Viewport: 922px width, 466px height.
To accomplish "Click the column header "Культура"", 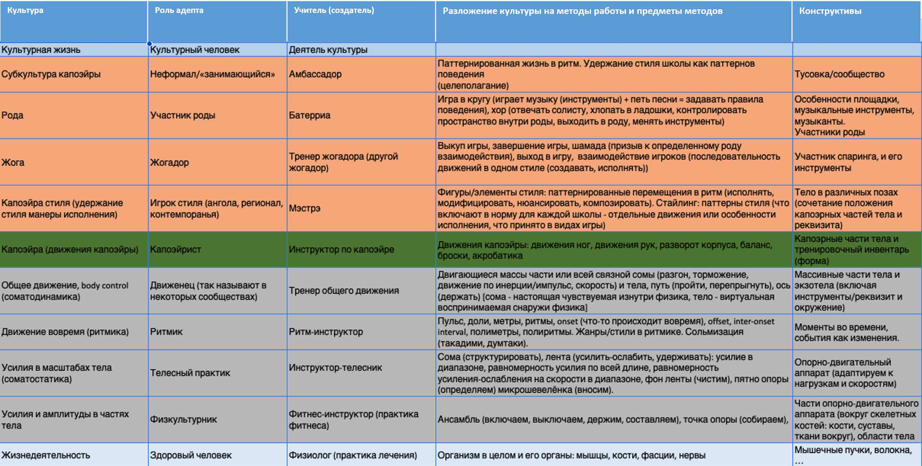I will [x=25, y=10].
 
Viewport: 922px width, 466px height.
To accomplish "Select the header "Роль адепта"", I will [x=179, y=10].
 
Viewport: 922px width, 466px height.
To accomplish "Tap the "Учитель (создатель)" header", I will [x=334, y=10].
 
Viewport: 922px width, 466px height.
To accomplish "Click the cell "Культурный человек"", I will [x=195, y=50].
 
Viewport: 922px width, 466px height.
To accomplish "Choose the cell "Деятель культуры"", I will [x=328, y=50].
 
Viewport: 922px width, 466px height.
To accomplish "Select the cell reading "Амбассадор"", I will [x=315, y=74].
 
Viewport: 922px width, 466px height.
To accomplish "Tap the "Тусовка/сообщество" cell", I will [x=839, y=74].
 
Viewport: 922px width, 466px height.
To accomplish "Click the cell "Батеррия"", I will [x=309, y=115].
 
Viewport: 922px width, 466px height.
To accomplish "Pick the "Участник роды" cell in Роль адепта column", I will [x=182, y=115].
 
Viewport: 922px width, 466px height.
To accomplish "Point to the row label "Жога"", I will [x=13, y=162].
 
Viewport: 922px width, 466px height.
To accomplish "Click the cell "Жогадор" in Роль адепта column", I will [x=169, y=162].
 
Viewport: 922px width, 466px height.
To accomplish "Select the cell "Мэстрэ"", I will [x=304, y=208].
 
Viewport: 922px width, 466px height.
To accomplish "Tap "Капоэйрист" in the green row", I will [x=175, y=249].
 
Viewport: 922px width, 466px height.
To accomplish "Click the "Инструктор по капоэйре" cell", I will [x=341, y=249].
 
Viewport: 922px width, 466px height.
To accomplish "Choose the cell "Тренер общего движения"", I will [x=344, y=291].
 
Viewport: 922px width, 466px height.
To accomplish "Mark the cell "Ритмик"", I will [x=166, y=331].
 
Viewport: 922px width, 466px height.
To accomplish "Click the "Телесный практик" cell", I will [x=190, y=373].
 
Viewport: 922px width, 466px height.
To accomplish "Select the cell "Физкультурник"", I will [x=183, y=419].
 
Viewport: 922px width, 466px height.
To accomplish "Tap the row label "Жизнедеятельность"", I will [x=46, y=455].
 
